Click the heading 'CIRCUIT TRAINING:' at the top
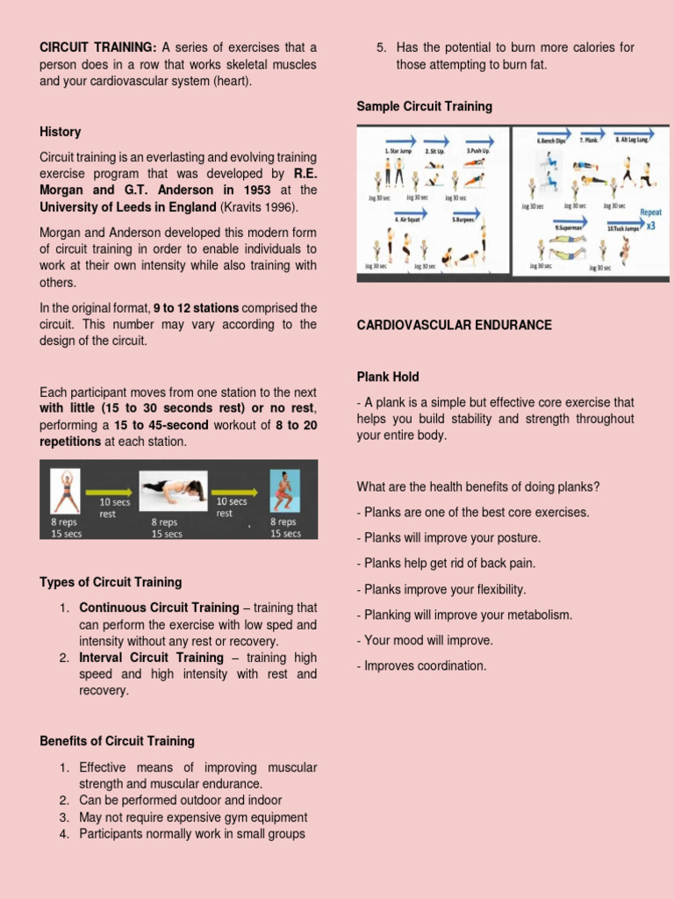97,47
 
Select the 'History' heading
60,132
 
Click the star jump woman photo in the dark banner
65,491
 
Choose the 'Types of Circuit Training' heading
111,582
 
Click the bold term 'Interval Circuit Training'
151,658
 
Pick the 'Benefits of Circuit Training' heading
117,741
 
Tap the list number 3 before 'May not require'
64,817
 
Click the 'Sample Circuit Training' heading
424,106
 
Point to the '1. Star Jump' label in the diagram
398,151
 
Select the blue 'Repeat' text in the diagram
650,212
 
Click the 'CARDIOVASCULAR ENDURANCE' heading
454,325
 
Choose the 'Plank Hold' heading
387,377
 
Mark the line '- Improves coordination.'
421,665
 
